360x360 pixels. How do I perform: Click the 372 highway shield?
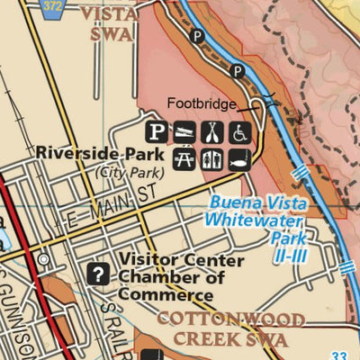pos(55,5)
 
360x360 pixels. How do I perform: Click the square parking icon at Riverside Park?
pos(157,132)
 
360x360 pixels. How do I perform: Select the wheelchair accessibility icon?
pos(240,132)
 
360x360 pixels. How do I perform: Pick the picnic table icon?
pos(184,159)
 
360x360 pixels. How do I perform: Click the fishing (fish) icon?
pos(240,159)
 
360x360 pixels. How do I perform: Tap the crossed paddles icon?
pos(212,132)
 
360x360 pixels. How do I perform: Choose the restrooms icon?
pos(212,159)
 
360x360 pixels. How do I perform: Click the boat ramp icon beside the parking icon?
pos(184,132)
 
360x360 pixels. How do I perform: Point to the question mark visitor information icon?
pos(97,273)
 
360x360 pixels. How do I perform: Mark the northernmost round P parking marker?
pos(197,37)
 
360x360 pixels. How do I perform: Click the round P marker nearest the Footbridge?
pos(238,70)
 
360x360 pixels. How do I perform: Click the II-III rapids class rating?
pos(290,255)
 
